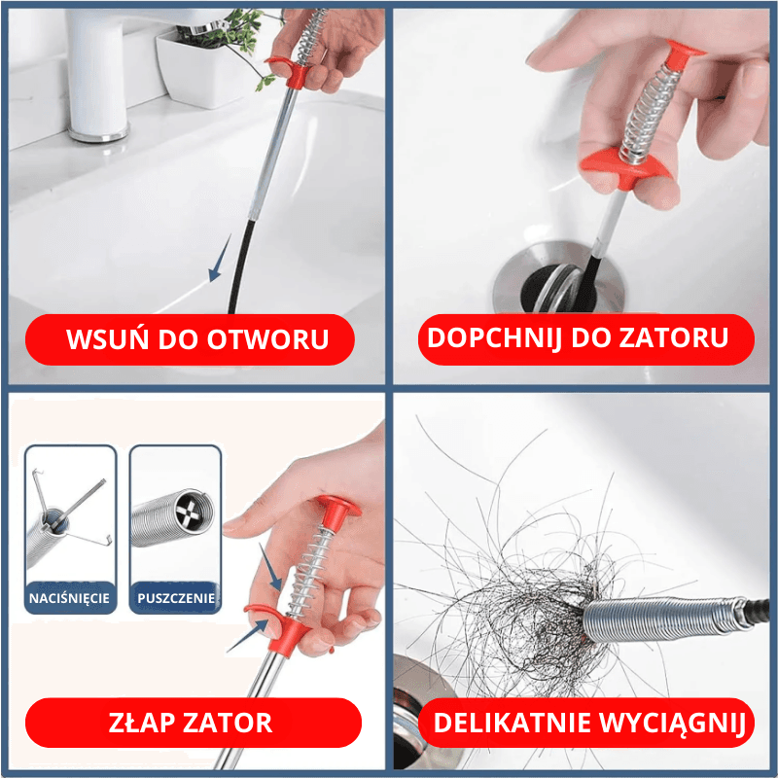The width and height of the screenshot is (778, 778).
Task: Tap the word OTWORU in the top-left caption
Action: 268,339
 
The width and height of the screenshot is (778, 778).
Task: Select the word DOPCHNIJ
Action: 495,338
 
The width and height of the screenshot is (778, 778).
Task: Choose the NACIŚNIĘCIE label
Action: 69,598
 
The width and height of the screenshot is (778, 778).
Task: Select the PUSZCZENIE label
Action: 176,598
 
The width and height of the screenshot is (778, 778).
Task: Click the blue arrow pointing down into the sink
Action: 220,258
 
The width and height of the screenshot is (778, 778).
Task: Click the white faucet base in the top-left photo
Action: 99,131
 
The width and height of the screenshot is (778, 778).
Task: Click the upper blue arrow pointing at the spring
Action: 270,567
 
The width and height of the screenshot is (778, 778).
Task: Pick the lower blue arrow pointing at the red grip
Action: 248,636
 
